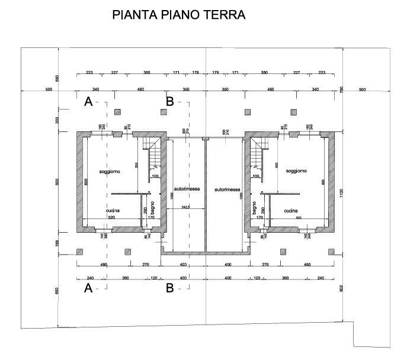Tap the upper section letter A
pyautogui.click(x=88, y=102)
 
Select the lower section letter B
pyautogui.click(x=169, y=289)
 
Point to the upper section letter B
pyautogui.click(x=169, y=102)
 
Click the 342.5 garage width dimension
pyautogui.click(x=185, y=206)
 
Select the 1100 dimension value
pyautogui.click(x=342, y=193)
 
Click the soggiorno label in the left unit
pyautogui.click(x=110, y=171)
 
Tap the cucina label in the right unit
pyautogui.click(x=290, y=210)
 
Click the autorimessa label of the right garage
pyautogui.click(x=228, y=190)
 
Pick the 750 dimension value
pyautogui.click(x=342, y=89)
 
